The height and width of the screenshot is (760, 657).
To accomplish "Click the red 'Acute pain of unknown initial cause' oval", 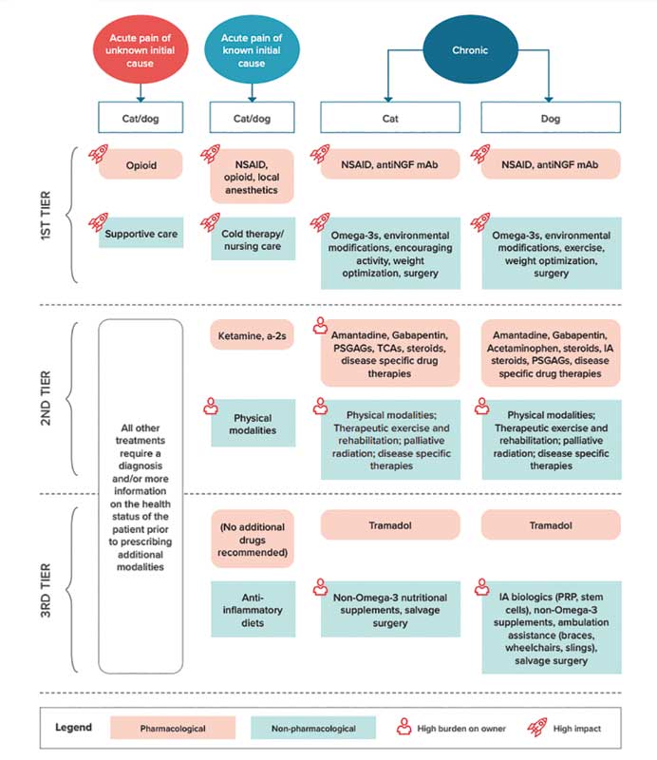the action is pos(141,50).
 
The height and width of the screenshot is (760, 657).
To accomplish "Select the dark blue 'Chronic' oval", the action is pos(470,49).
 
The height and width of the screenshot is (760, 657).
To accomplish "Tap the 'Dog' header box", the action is pos(551,117).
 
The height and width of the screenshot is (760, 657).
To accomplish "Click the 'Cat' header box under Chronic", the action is pos(390,117).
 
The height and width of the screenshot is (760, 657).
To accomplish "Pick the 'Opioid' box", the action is pos(141,164).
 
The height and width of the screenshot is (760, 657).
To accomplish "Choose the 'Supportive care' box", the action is pos(141,233).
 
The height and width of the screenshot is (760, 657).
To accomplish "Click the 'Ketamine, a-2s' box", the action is pos(252,335).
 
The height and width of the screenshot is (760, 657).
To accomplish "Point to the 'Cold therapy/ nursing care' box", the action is pos(253,239).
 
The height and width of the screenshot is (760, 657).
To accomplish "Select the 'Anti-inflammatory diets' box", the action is pos(253,609).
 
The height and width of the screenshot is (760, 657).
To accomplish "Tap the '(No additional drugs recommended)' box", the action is pos(253,539).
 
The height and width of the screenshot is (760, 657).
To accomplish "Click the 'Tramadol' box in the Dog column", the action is pos(551,525).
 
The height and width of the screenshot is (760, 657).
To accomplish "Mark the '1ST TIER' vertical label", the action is pos(46,216).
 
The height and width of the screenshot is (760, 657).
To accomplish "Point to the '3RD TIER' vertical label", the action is pos(46,590).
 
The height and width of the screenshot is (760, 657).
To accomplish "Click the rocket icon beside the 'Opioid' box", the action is pos(98,154).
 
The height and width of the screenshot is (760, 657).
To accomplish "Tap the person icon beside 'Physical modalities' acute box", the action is pos(211,407).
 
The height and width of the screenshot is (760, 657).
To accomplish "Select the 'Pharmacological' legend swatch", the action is pos(173,728).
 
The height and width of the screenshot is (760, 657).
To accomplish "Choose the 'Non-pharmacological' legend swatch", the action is pos(313,728).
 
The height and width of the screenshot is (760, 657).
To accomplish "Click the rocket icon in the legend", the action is pos(537,727).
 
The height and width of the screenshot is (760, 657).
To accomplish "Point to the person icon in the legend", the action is pos(404,727).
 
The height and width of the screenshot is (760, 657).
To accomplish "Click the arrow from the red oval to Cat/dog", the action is pos(141,92).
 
